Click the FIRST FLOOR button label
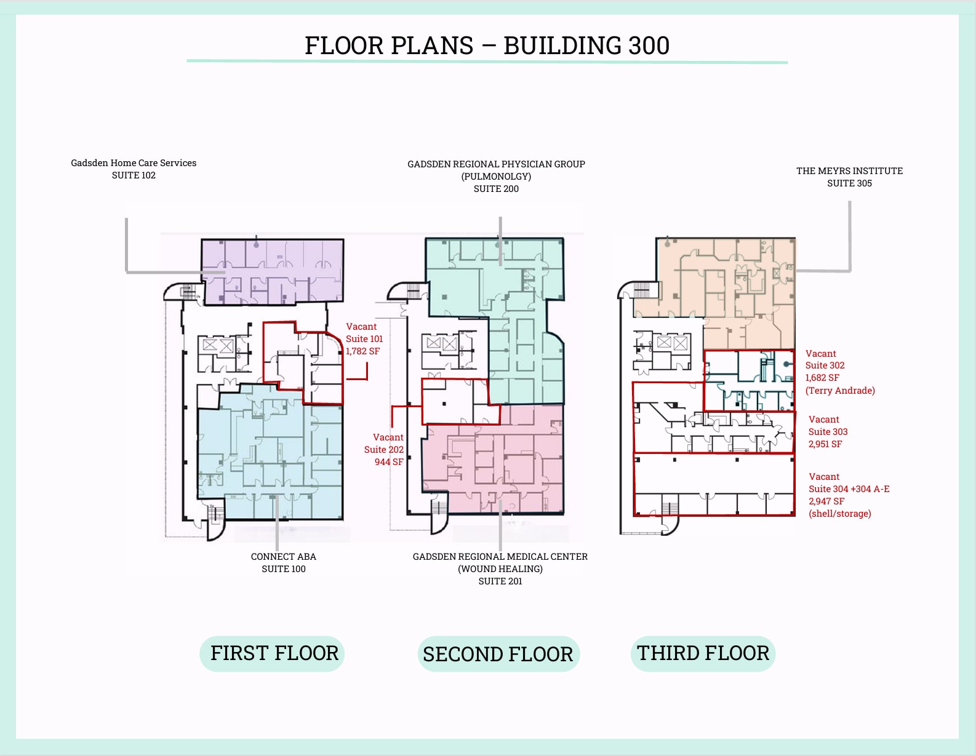pyautogui.click(x=274, y=653)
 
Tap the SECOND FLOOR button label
pyautogui.click(x=498, y=654)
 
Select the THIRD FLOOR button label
pyautogui.click(x=703, y=653)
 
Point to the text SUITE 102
pyautogui.click(x=134, y=175)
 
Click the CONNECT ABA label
pyautogui.click(x=283, y=557)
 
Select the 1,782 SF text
pyautogui.click(x=362, y=351)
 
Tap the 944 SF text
pyautogui.click(x=389, y=462)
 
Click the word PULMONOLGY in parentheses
pyautogui.click(x=496, y=177)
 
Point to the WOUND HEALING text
pyautogui.click(x=500, y=569)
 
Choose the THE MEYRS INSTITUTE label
pyautogui.click(x=849, y=171)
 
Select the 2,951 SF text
pyautogui.click(x=825, y=444)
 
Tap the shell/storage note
pyautogui.click(x=840, y=514)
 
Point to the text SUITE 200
pyautogui.click(x=496, y=189)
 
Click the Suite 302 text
pyautogui.click(x=825, y=365)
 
